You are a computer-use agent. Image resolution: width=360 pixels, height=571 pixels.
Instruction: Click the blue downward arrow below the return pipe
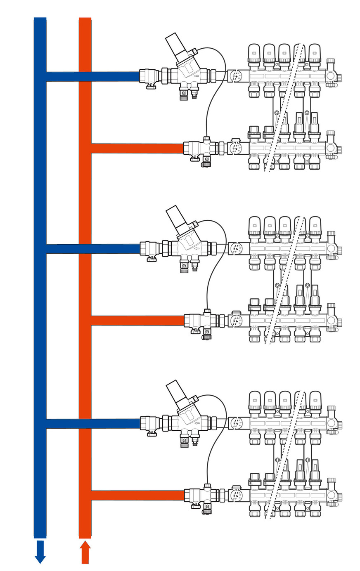(x=40, y=552)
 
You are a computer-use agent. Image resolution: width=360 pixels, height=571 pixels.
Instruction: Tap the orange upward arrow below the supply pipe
(x=85, y=552)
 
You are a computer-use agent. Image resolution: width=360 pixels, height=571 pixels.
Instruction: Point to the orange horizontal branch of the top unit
(x=136, y=148)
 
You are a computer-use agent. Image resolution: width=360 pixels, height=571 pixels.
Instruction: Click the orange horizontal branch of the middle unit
(x=136, y=320)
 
